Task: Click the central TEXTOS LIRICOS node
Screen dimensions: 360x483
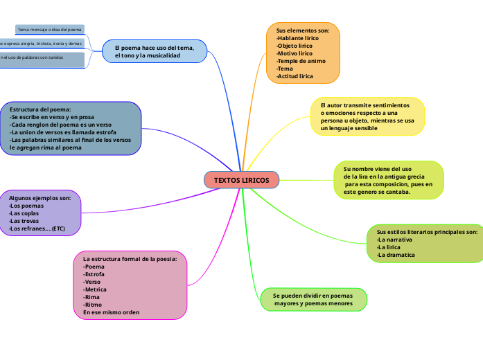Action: (x=241, y=180)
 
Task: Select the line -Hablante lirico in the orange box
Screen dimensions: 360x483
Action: (x=297, y=38)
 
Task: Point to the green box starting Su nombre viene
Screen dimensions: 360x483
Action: (x=388, y=180)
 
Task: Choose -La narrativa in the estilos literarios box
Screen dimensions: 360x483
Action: (x=394, y=240)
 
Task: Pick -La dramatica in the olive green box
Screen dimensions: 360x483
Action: (x=396, y=255)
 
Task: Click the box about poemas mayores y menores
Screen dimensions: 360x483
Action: (x=313, y=299)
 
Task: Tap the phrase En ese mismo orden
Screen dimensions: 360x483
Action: (x=111, y=312)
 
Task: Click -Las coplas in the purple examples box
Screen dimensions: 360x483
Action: (x=25, y=213)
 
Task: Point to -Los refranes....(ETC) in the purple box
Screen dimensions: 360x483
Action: (x=37, y=228)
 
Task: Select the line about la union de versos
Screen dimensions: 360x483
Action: (x=63, y=132)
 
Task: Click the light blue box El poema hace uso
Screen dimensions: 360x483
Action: (x=155, y=51)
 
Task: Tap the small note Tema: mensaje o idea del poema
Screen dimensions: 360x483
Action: (x=49, y=30)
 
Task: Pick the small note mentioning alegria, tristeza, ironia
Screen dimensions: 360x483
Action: (x=42, y=43)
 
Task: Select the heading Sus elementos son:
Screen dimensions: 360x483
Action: (x=303, y=30)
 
